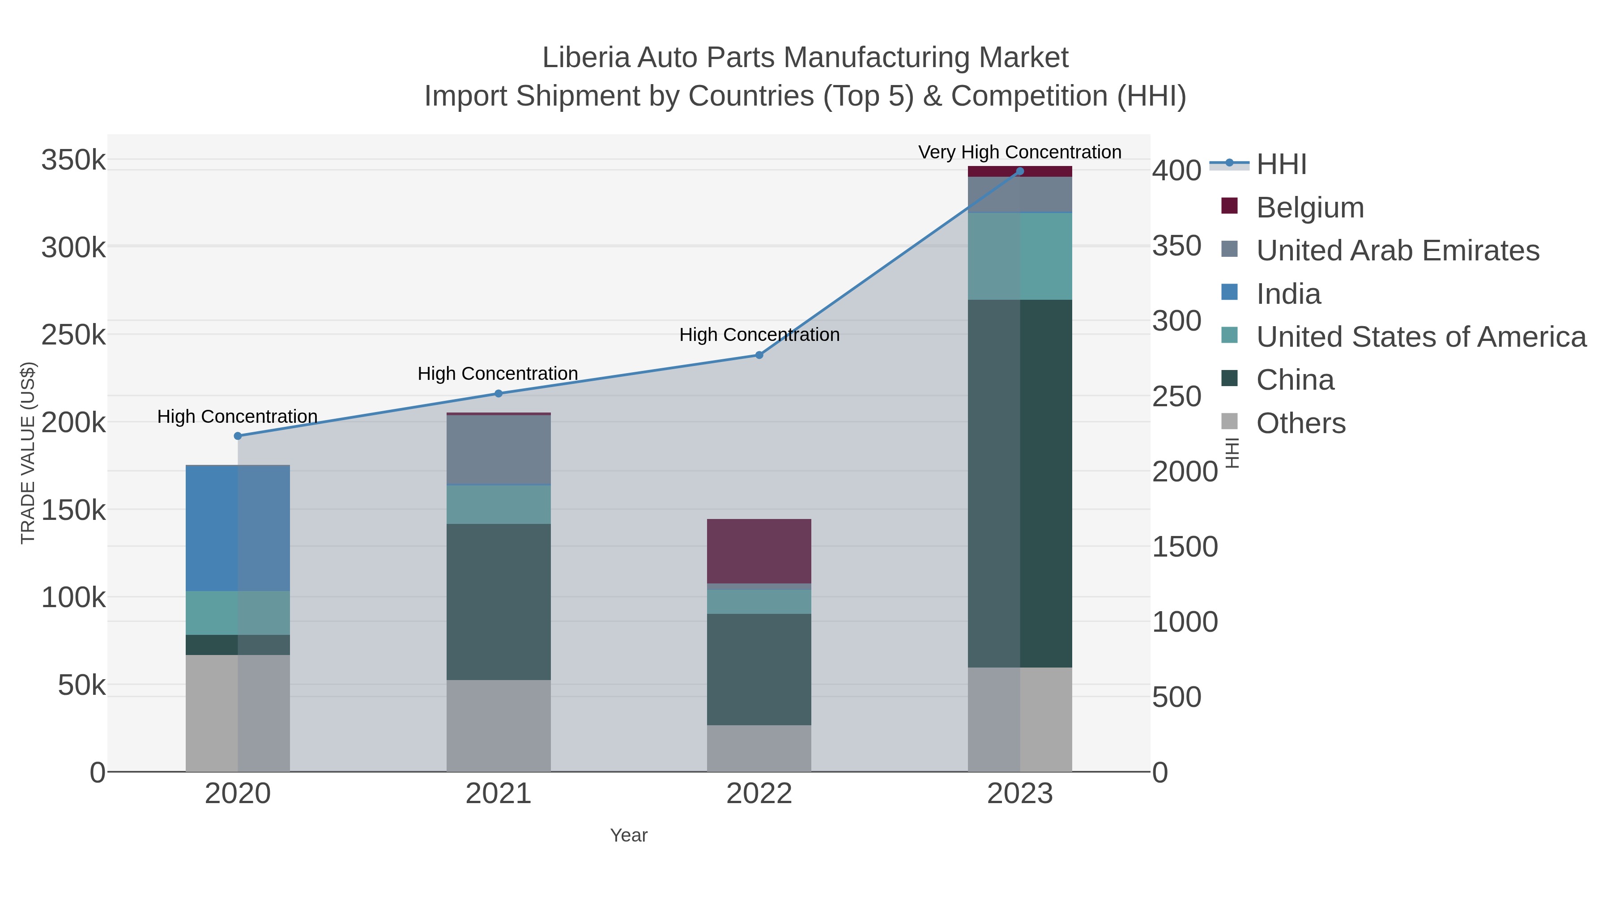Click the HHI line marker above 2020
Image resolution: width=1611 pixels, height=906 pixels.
[238, 436]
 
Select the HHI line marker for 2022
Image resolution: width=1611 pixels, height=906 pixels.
[759, 355]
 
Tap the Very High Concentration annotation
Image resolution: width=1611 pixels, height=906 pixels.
[1019, 152]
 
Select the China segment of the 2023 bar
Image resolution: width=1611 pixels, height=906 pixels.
[1019, 483]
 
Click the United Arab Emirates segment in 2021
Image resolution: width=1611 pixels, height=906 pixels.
[499, 450]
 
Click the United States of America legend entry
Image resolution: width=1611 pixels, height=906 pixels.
[1421, 337]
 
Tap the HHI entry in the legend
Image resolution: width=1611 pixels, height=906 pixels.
[1281, 165]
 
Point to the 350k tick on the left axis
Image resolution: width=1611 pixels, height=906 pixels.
[73, 160]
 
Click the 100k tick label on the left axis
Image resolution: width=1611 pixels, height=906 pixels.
[73, 598]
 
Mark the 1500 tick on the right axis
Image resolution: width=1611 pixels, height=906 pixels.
[1185, 547]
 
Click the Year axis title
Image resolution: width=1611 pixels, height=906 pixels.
[629, 835]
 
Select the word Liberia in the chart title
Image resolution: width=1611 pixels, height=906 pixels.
[586, 58]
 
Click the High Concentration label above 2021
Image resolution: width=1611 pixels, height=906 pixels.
[497, 374]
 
